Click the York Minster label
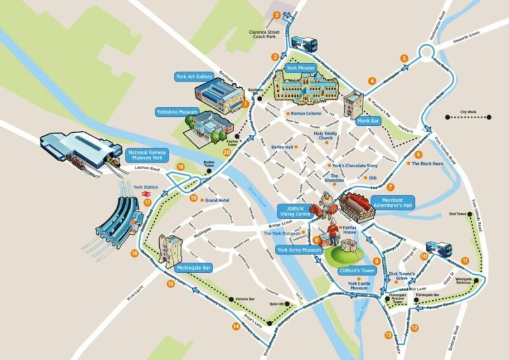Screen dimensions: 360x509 pyautogui.click(x=302, y=68)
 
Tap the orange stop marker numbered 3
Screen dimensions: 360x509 pyautogui.click(x=276, y=15)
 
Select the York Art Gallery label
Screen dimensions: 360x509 pyautogui.click(x=193, y=77)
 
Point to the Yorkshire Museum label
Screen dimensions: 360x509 pyautogui.click(x=178, y=112)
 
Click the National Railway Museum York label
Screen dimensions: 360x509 pyautogui.click(x=148, y=156)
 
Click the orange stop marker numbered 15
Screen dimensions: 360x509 pyautogui.click(x=171, y=284)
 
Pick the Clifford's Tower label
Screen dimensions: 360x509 pyautogui.click(x=358, y=271)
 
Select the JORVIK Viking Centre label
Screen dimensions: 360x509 pyautogui.click(x=295, y=211)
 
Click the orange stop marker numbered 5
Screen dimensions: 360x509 pyautogui.click(x=404, y=59)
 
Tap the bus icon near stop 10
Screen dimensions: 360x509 pyautogui.click(x=437, y=249)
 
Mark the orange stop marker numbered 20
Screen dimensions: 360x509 pyautogui.click(x=227, y=152)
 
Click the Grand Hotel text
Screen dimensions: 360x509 pyautogui.click(x=217, y=200)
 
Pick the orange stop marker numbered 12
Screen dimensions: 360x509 pyautogui.click(x=414, y=328)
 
